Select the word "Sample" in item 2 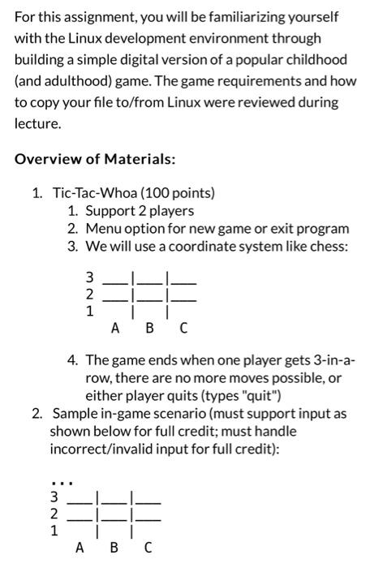tap(74, 415)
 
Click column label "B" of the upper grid tap(148, 329)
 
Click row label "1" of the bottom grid tap(54, 532)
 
